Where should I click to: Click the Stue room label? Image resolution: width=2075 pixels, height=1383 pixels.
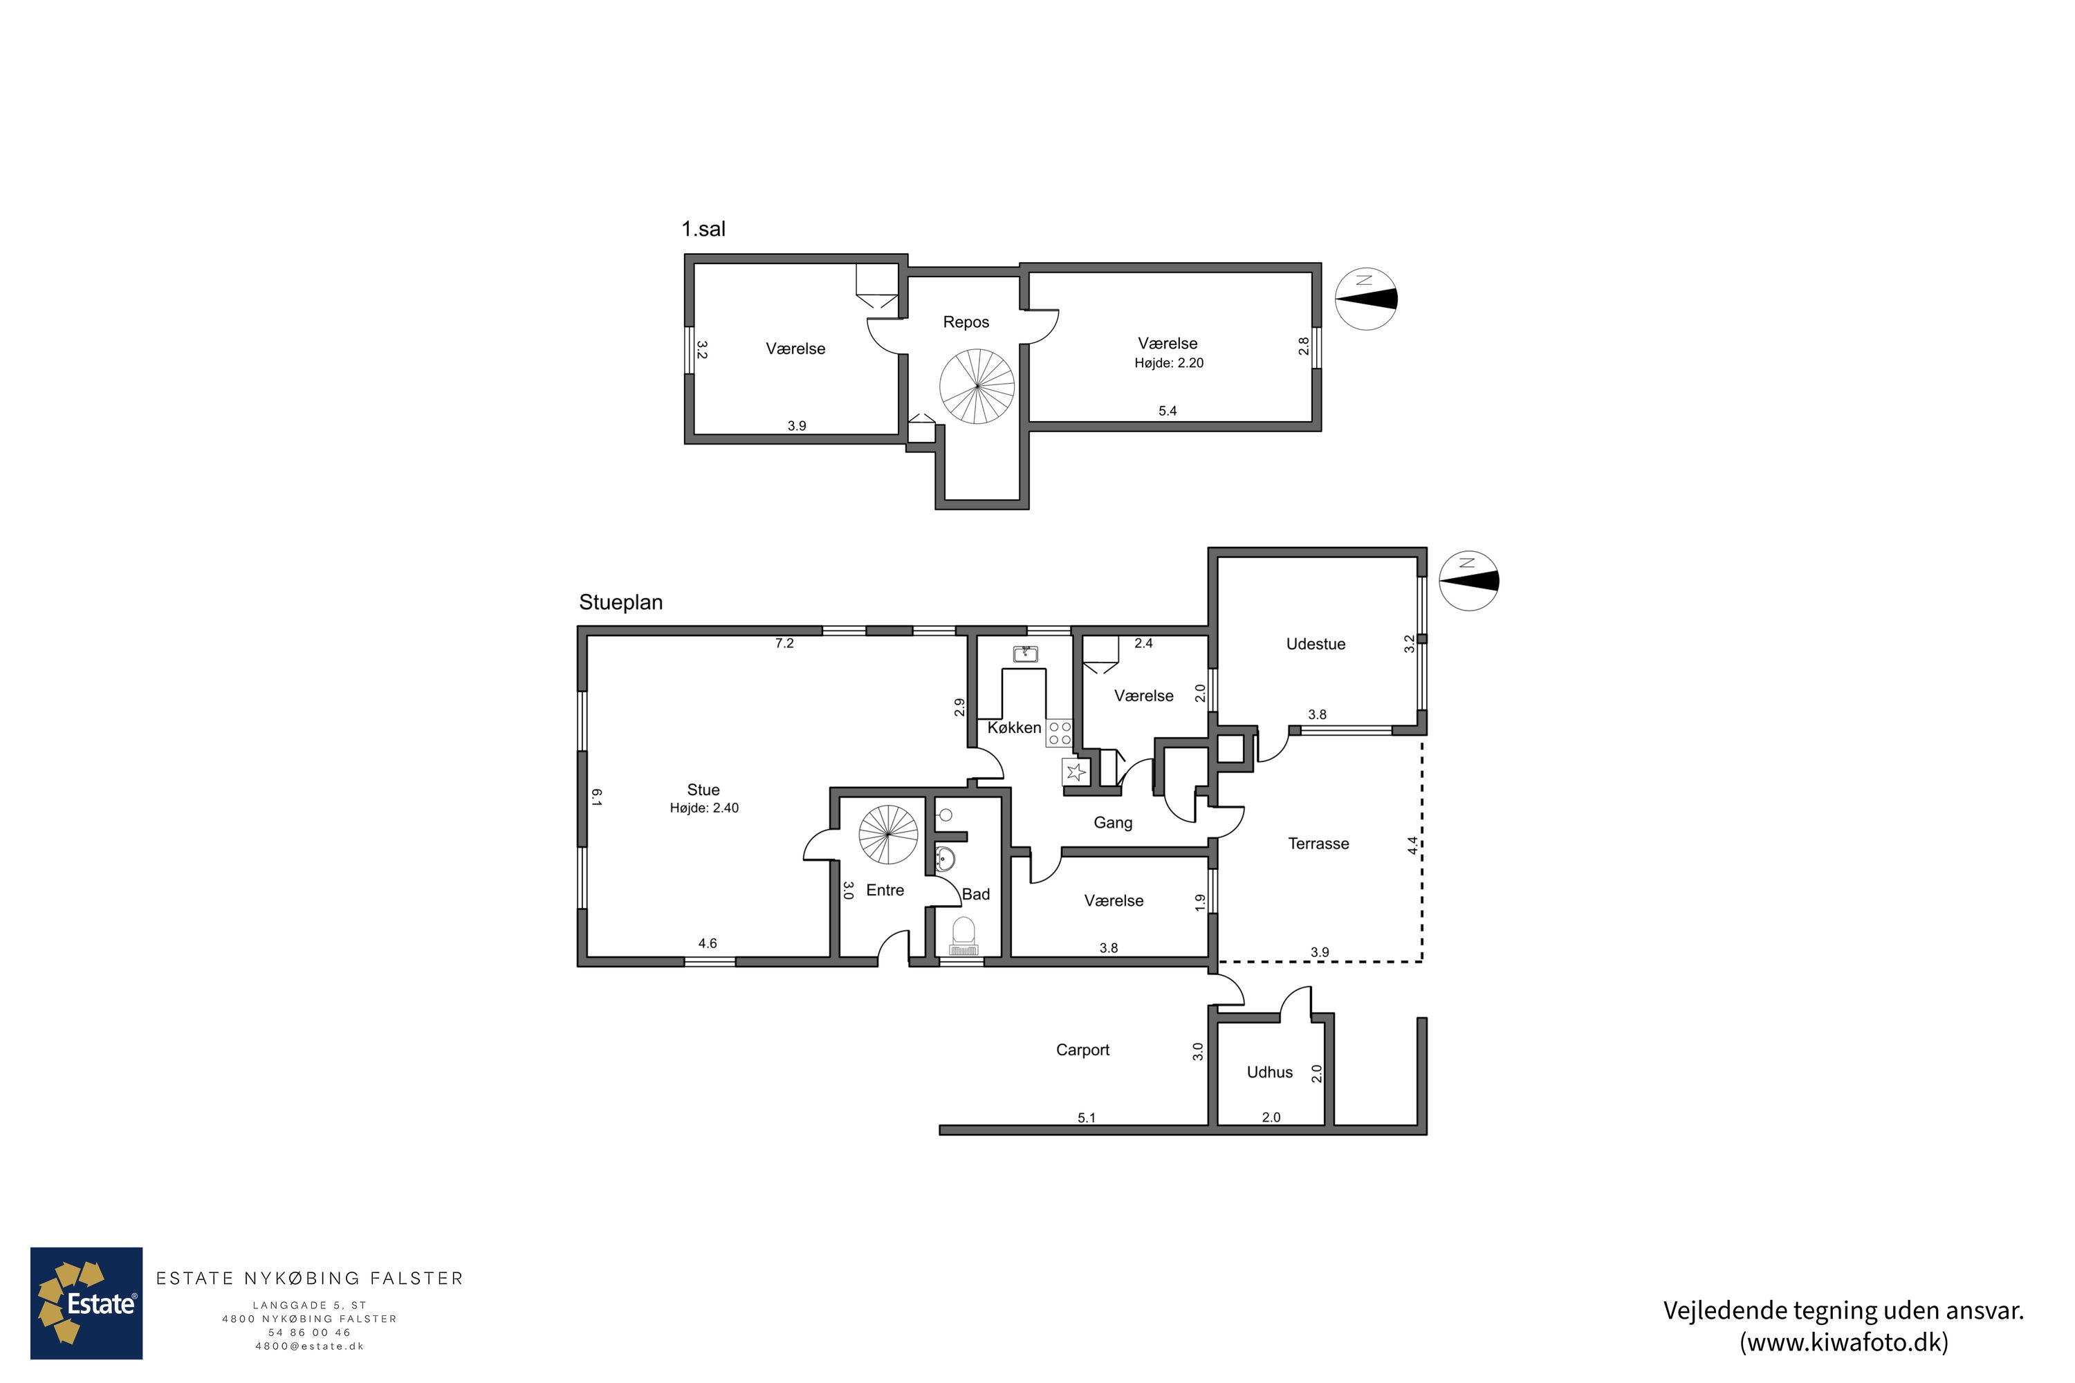(x=703, y=790)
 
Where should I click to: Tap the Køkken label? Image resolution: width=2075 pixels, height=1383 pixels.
(x=1014, y=727)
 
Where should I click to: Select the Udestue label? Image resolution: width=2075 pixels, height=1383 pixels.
(x=1316, y=644)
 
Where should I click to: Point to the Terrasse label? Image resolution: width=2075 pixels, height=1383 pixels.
(x=1318, y=843)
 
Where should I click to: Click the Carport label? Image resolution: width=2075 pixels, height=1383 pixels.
(x=1082, y=1050)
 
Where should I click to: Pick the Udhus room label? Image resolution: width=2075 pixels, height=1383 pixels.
(x=1269, y=1072)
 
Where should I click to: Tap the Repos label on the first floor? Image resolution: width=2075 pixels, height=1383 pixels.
(x=966, y=323)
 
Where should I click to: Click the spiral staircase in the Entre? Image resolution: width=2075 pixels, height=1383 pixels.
(x=888, y=835)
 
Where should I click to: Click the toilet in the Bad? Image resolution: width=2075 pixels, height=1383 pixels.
(x=963, y=935)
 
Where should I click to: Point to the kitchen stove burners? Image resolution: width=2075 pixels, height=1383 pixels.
(x=1060, y=733)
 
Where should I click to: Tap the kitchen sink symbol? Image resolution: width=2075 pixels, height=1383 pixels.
(x=1025, y=653)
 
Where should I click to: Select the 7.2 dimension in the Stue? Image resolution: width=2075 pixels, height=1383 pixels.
(x=784, y=644)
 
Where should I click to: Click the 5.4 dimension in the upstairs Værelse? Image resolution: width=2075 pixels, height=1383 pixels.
(x=1168, y=411)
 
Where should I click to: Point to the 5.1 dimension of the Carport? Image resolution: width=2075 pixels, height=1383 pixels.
(x=1086, y=1117)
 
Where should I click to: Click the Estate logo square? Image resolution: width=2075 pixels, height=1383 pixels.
(x=86, y=1303)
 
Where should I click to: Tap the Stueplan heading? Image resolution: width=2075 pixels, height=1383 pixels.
(x=620, y=602)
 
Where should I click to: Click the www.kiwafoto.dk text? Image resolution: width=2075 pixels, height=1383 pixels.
(x=1844, y=1342)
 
